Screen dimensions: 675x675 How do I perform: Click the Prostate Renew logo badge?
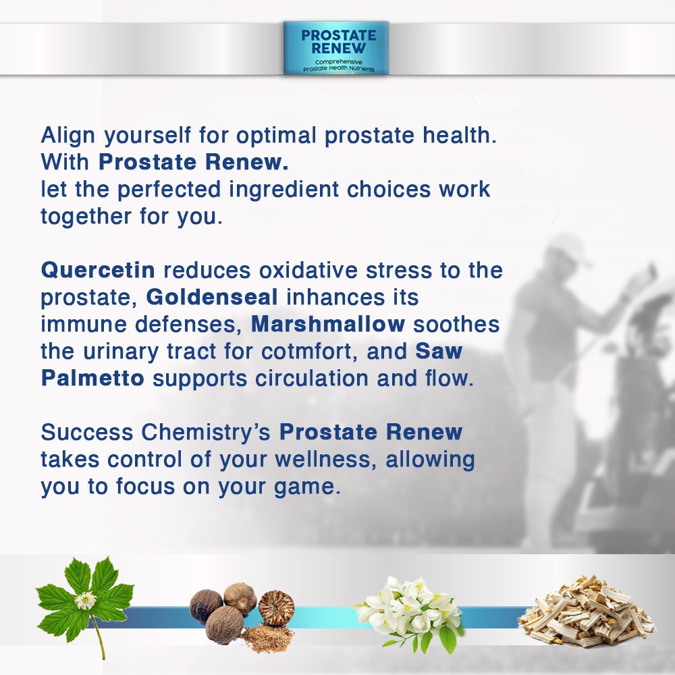336,47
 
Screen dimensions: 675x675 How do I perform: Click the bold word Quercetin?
98,271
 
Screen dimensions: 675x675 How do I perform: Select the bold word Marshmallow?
328,325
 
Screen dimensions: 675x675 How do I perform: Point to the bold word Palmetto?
92,379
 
